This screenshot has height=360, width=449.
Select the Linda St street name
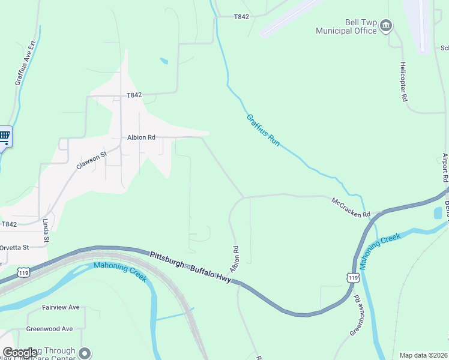46,231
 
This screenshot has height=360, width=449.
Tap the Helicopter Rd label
404,81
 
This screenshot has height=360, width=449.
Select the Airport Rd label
445,167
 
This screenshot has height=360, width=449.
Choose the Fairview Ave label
61,307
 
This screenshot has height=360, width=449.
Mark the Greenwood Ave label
49,329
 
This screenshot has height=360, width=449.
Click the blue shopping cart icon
4,136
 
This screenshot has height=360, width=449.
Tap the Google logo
20,353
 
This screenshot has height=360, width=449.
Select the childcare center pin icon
85,353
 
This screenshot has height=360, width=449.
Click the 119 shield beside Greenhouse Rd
353,277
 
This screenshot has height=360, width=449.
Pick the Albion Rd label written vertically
235,257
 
